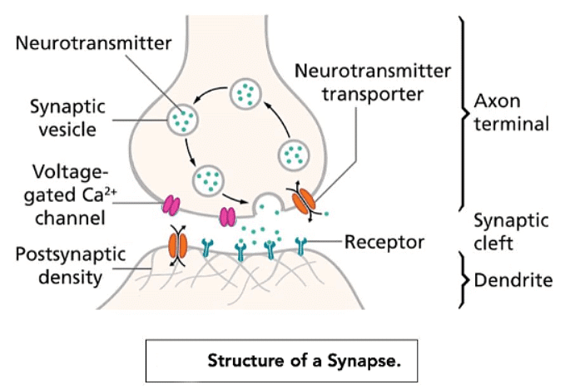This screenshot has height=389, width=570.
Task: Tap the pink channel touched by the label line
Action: pos(171,204)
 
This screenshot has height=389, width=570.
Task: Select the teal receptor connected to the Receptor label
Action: pos(301,245)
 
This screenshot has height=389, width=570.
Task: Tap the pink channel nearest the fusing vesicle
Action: pos(226,216)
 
